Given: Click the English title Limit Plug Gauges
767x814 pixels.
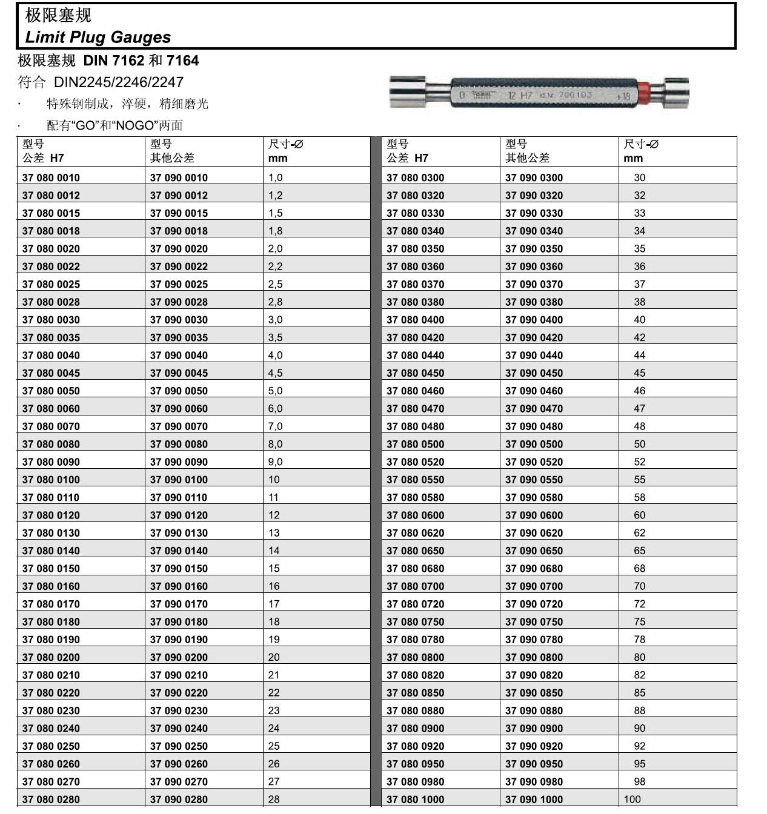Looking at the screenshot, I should [x=98, y=37].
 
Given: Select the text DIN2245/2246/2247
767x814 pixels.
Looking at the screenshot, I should [x=119, y=82].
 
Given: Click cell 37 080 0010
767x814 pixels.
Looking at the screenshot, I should [x=51, y=177].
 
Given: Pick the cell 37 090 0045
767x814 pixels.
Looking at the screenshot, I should [x=179, y=373].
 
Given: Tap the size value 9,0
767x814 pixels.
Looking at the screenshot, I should [x=275, y=462].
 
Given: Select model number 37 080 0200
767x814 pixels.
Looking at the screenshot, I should [x=51, y=657].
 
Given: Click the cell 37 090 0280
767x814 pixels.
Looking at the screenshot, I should [x=179, y=799].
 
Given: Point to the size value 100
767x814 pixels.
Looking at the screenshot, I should [x=632, y=799].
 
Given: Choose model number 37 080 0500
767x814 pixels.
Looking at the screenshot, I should [x=415, y=444].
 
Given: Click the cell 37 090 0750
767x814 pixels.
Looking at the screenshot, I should [x=534, y=621].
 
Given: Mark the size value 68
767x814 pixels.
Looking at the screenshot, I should [x=639, y=568].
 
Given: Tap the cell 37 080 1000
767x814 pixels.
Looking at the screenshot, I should [x=415, y=799].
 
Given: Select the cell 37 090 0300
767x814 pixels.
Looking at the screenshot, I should [x=534, y=177].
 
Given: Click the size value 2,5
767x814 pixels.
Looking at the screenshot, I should [x=275, y=284].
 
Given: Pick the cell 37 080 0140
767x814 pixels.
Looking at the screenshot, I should [x=51, y=551].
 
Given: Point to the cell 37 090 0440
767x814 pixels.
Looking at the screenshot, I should [x=534, y=356].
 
